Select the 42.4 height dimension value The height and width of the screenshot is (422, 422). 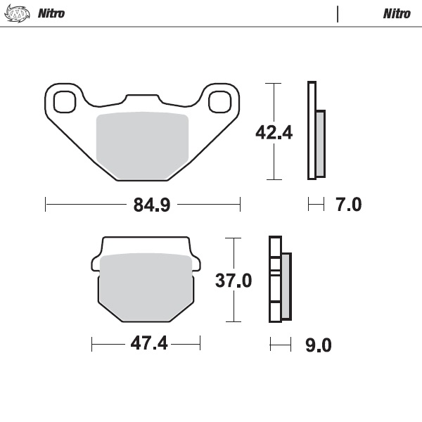click(x=274, y=132)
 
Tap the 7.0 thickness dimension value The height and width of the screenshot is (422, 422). click(x=348, y=205)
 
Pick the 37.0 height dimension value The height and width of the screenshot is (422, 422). click(x=233, y=281)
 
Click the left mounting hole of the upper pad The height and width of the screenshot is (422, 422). click(x=65, y=101)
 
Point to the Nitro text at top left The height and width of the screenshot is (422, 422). click(x=51, y=13)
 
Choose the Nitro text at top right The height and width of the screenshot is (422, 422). click(x=397, y=13)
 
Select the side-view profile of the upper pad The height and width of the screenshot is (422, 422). click(x=316, y=132)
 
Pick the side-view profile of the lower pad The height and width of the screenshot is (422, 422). click(x=280, y=280)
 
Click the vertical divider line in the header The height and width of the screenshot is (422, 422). click(x=338, y=13)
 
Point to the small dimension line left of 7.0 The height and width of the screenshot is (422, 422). click(x=316, y=205)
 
